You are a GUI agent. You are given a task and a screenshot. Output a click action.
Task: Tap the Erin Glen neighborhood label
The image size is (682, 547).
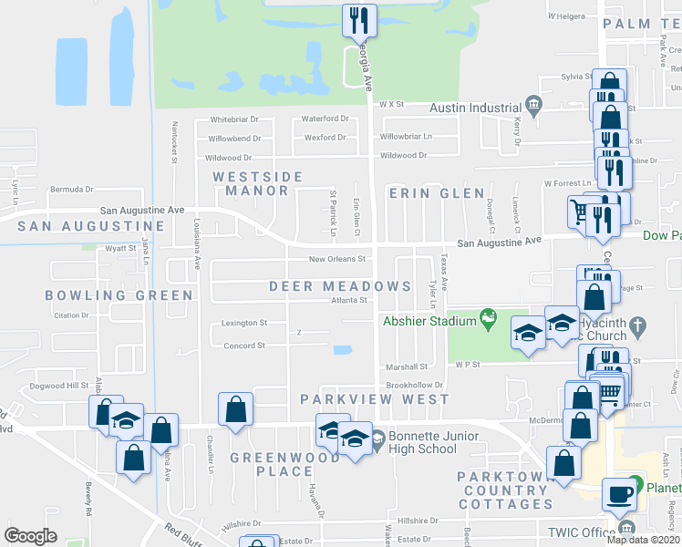point(436,193)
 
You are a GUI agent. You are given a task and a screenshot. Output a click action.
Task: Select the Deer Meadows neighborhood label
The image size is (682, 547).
point(340,286)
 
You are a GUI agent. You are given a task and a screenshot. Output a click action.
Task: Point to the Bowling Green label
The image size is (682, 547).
point(119,295)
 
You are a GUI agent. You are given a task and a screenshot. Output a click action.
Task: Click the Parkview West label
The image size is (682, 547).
point(375,399)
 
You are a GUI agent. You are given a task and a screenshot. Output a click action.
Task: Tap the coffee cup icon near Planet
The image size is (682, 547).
point(621,492)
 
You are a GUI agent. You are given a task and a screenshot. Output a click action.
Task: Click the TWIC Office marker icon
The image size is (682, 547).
point(625,528)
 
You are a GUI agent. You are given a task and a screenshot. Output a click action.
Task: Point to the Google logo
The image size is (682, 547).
point(30,535)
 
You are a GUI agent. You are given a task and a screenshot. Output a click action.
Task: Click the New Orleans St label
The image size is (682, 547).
point(336,259)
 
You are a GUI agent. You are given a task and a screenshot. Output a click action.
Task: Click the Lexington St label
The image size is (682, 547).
point(243,323)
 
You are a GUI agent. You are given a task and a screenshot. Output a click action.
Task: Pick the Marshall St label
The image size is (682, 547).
point(401,368)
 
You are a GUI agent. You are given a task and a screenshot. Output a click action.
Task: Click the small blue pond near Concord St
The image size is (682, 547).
point(343,349)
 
